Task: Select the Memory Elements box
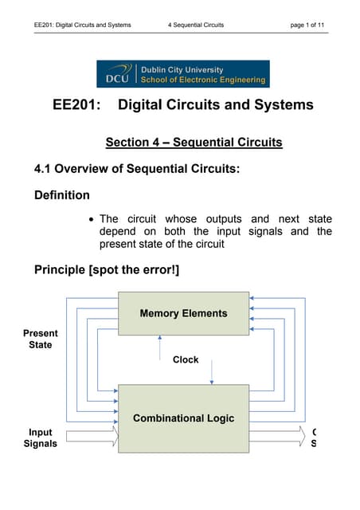click(183, 313)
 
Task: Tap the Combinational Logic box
click(183, 418)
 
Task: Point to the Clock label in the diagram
click(186, 359)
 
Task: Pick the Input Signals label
click(41, 437)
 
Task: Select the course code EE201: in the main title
click(77, 105)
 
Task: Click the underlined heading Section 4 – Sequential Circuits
click(194, 143)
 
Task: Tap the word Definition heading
click(61, 194)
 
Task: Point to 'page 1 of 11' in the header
click(307, 25)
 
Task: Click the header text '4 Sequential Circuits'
click(196, 25)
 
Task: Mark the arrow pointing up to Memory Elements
click(162, 349)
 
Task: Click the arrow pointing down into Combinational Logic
click(212, 371)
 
